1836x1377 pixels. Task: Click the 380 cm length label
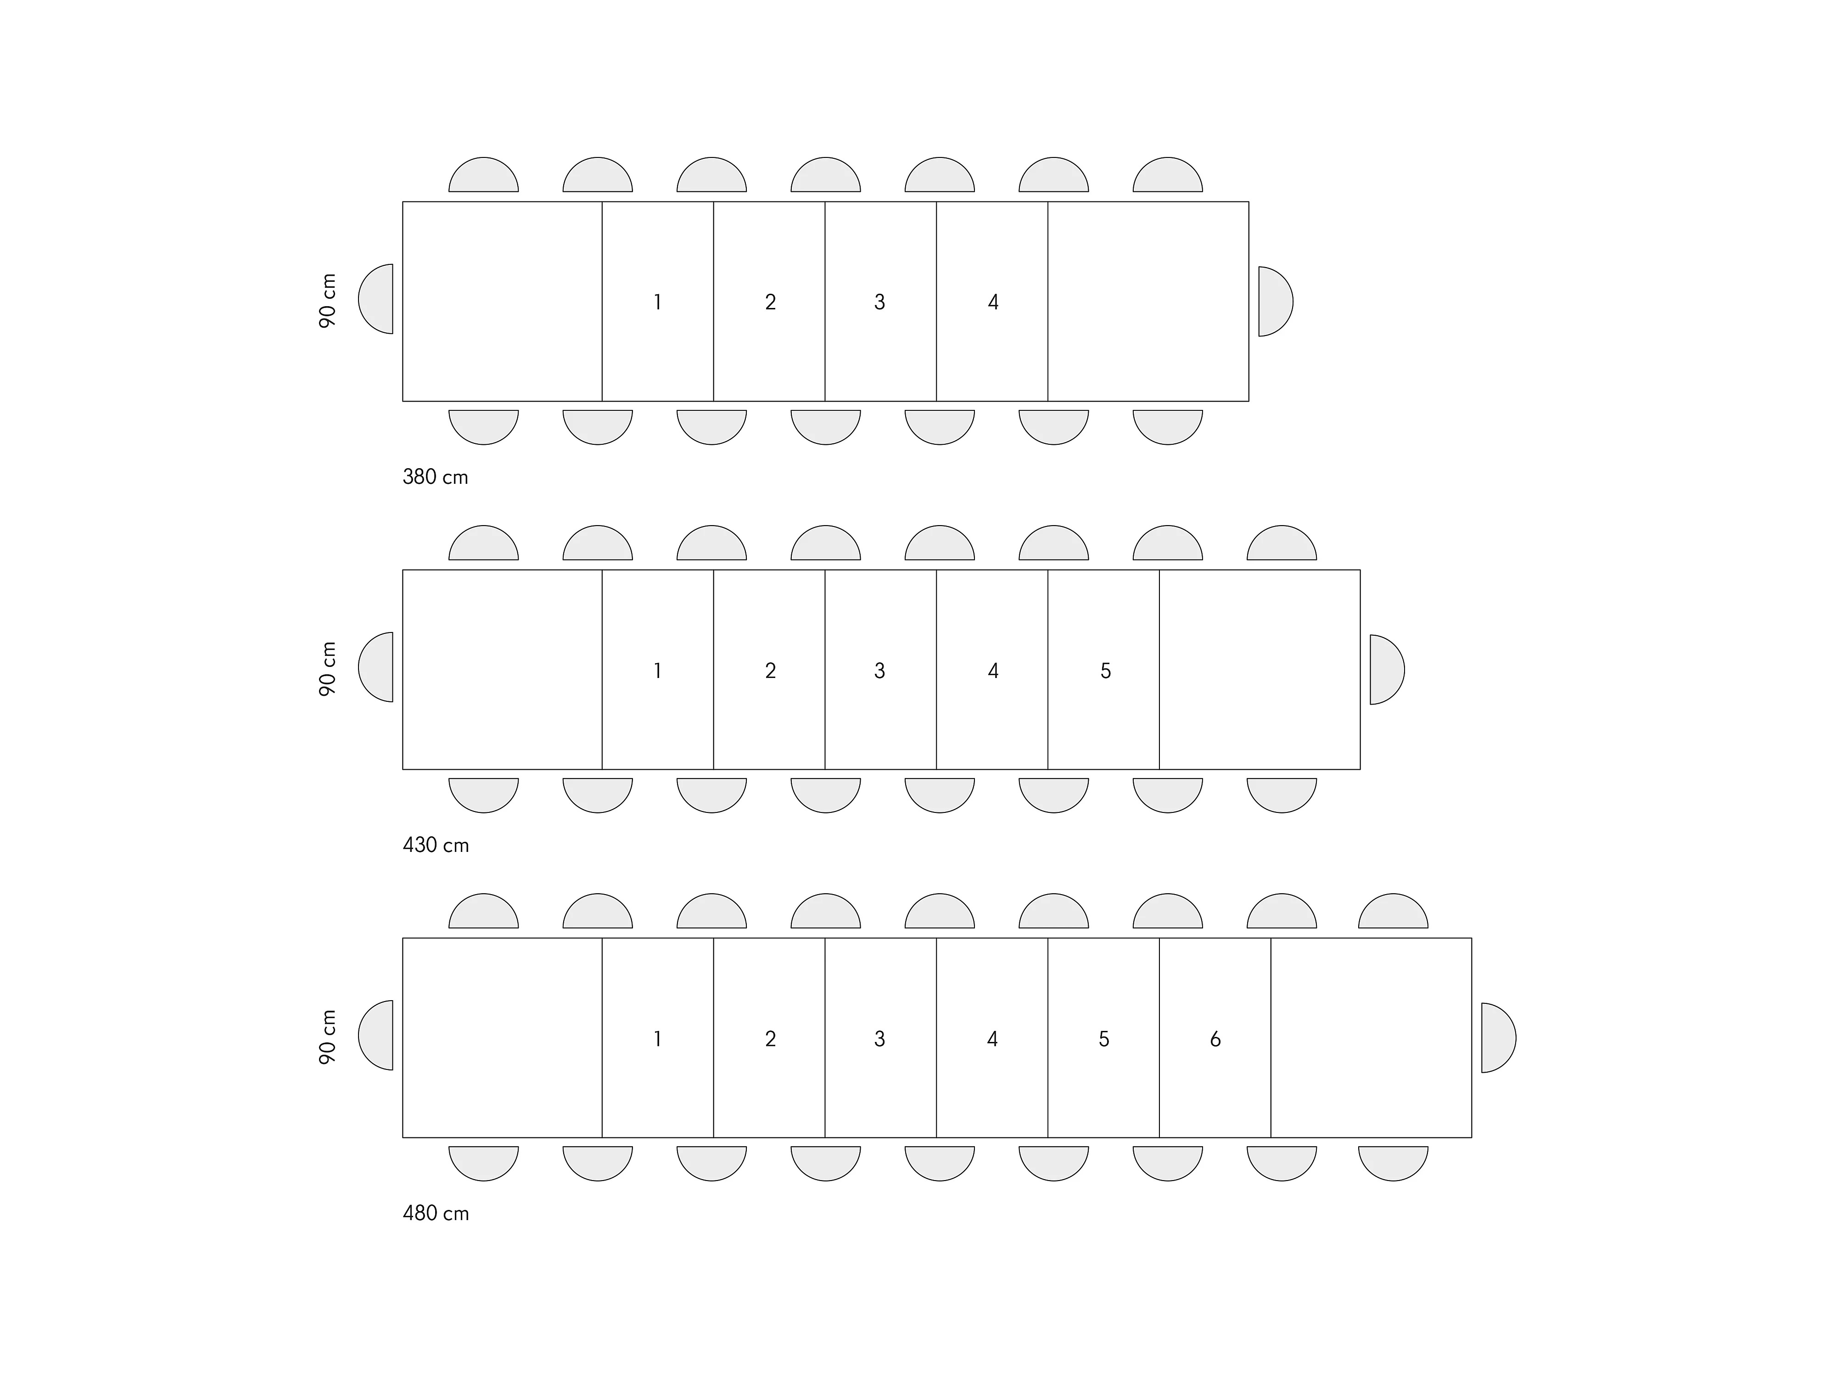click(435, 477)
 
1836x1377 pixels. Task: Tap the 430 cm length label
click(435, 845)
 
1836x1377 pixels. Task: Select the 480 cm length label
click(435, 1214)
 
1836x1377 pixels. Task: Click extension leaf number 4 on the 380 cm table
click(993, 302)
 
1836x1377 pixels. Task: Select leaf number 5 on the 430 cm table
click(1105, 671)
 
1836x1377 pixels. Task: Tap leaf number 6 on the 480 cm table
click(1215, 1039)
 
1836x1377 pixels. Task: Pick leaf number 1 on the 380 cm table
click(657, 302)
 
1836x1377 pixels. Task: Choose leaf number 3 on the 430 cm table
click(880, 671)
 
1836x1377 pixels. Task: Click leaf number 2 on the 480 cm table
click(770, 1039)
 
